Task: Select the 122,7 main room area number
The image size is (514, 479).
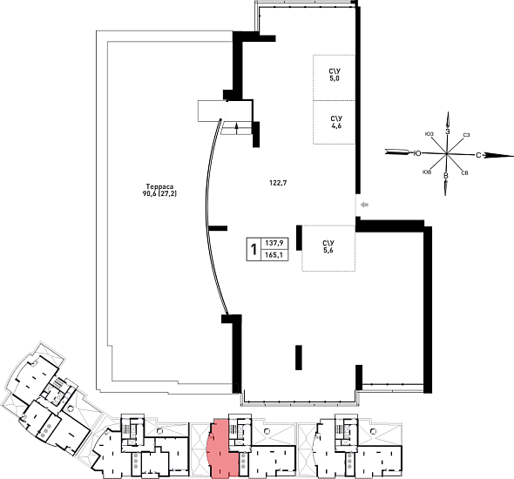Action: click(x=278, y=183)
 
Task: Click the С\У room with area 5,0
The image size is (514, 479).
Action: click(x=334, y=78)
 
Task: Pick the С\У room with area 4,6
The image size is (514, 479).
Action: click(x=334, y=122)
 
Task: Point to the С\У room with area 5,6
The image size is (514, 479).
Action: click(x=328, y=248)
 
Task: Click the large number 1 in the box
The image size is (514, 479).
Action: click(x=254, y=249)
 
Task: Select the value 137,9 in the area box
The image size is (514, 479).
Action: click(x=274, y=243)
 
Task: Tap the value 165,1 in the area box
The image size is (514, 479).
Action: click(x=274, y=254)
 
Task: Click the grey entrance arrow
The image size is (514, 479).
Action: click(x=364, y=205)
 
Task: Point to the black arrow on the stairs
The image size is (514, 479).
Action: click(x=237, y=128)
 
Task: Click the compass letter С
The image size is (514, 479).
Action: click(x=478, y=155)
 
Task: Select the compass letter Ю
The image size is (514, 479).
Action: click(x=417, y=153)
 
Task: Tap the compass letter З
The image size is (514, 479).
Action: click(x=447, y=131)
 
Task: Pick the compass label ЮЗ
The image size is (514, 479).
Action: click(x=429, y=133)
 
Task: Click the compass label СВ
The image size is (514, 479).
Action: click(x=464, y=173)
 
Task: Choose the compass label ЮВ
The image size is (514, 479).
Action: click(x=427, y=172)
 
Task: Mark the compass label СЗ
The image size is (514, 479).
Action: click(x=466, y=135)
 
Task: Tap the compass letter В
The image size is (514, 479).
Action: click(x=445, y=176)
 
